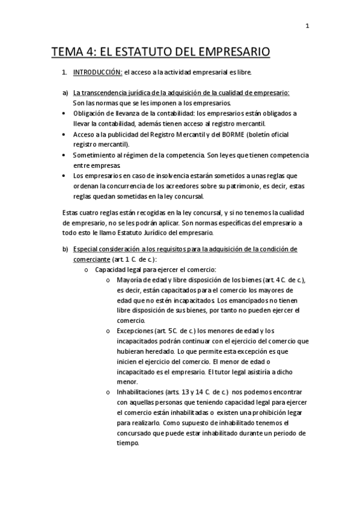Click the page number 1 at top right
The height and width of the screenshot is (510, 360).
click(x=307, y=25)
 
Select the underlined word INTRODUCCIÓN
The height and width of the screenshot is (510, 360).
click(x=97, y=73)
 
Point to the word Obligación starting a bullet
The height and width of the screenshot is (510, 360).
click(x=90, y=112)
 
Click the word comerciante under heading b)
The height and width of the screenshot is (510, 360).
click(x=91, y=259)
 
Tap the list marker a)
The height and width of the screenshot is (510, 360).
click(x=65, y=93)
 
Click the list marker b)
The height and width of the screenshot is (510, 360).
click(x=66, y=249)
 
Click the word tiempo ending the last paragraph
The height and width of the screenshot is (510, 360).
click(x=128, y=443)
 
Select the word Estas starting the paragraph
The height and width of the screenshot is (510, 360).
click(x=70, y=212)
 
